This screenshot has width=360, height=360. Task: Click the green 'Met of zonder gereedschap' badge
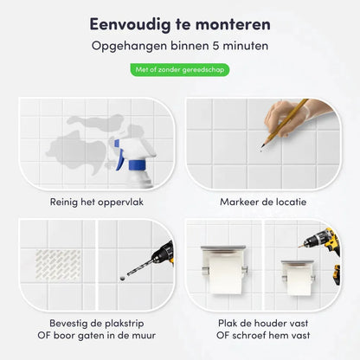pyautogui.click(x=180, y=70)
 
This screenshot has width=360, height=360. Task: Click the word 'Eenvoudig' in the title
pyautogui.click(x=130, y=24)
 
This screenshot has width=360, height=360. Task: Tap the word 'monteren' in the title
pyautogui.click(x=233, y=24)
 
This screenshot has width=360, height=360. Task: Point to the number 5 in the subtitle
pyautogui.click(x=216, y=46)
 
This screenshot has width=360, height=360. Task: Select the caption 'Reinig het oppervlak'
pyautogui.click(x=97, y=202)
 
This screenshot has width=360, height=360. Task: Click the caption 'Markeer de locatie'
pyautogui.click(x=263, y=202)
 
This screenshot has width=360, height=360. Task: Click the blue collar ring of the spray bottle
pyautogui.click(x=137, y=165)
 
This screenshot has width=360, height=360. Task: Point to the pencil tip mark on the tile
pyautogui.click(x=261, y=151)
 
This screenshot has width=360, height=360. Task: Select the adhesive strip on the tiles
pyautogui.click(x=58, y=265)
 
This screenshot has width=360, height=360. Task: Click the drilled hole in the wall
pyautogui.click(x=123, y=279)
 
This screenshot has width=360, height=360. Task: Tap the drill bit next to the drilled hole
pyautogui.click(x=139, y=267)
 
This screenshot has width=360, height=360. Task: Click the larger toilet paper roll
pyautogui.click(x=226, y=275)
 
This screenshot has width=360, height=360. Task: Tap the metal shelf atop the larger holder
pyautogui.click(x=223, y=247)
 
